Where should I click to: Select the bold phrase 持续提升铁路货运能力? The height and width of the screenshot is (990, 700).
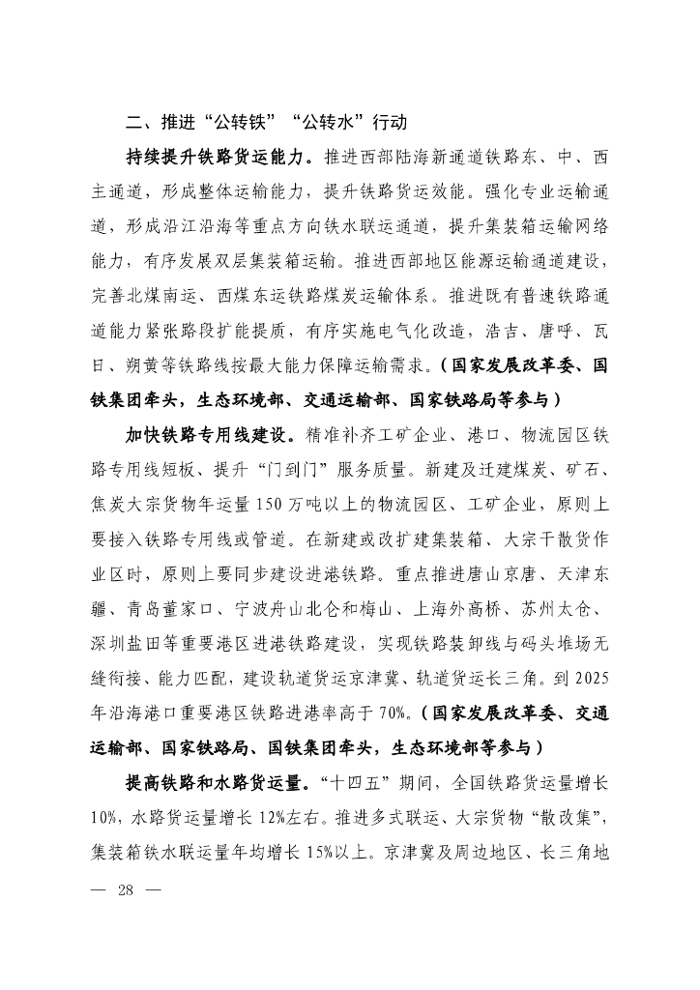coord(219,156)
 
